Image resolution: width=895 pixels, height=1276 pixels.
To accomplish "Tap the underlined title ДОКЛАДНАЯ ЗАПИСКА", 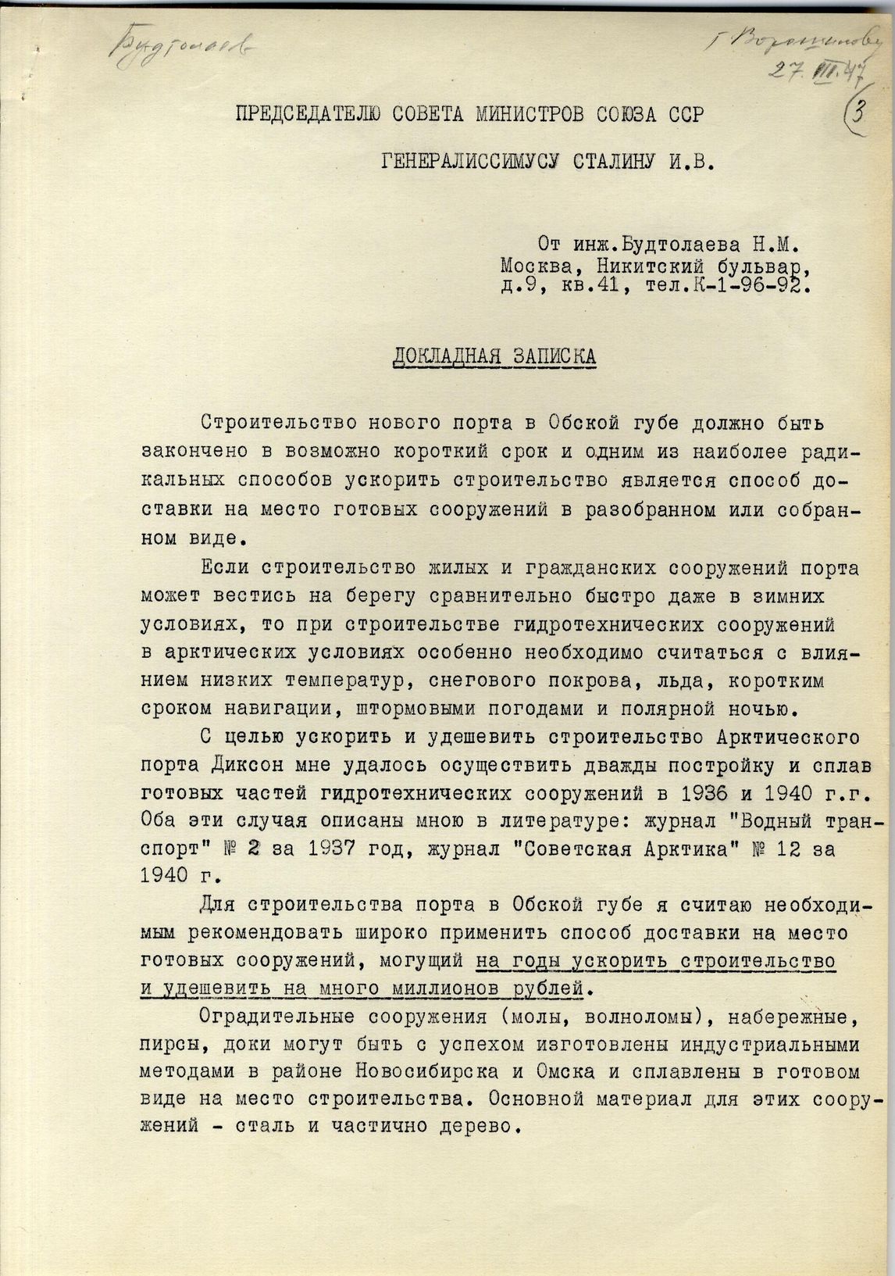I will tap(494, 356).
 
